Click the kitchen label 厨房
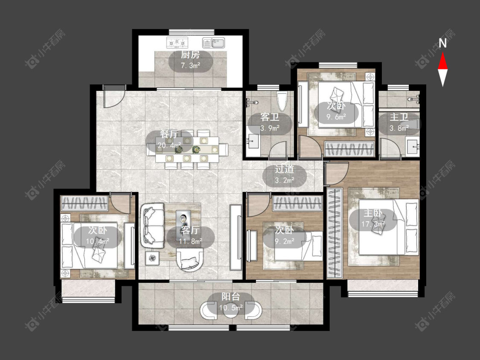pos(190,55)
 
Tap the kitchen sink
pos(214,43)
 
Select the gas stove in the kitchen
pos(177,43)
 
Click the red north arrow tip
pos(442,52)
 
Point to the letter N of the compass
pos(442,44)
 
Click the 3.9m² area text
pos(270,128)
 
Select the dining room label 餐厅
pos(169,134)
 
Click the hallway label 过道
pos(285,169)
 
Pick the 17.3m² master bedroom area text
pos(373,224)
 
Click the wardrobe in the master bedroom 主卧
pos(334,233)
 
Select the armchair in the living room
pos(190,260)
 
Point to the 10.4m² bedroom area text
pos(97,241)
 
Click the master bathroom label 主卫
pos(399,117)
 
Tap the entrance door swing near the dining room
pos(114,96)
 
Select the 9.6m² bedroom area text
pos(336,116)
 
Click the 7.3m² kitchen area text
pos(190,66)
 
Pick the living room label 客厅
pos(190,230)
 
